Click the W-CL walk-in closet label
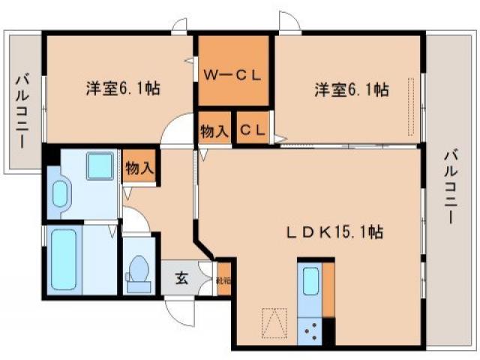point(233,74)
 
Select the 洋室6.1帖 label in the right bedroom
point(350,89)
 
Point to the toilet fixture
point(138,273)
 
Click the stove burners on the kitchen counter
point(310,327)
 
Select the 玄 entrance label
point(182,279)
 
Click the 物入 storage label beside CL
point(214,131)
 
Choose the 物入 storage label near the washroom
point(139,168)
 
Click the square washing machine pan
point(99,166)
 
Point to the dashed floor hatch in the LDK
point(273,325)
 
